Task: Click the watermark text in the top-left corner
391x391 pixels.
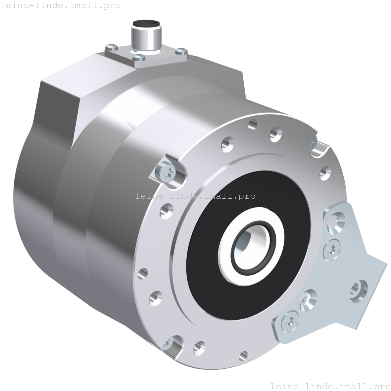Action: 61,6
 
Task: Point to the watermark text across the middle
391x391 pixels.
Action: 195,196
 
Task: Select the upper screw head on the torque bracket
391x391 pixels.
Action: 332,249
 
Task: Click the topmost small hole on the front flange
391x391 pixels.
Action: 253,124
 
